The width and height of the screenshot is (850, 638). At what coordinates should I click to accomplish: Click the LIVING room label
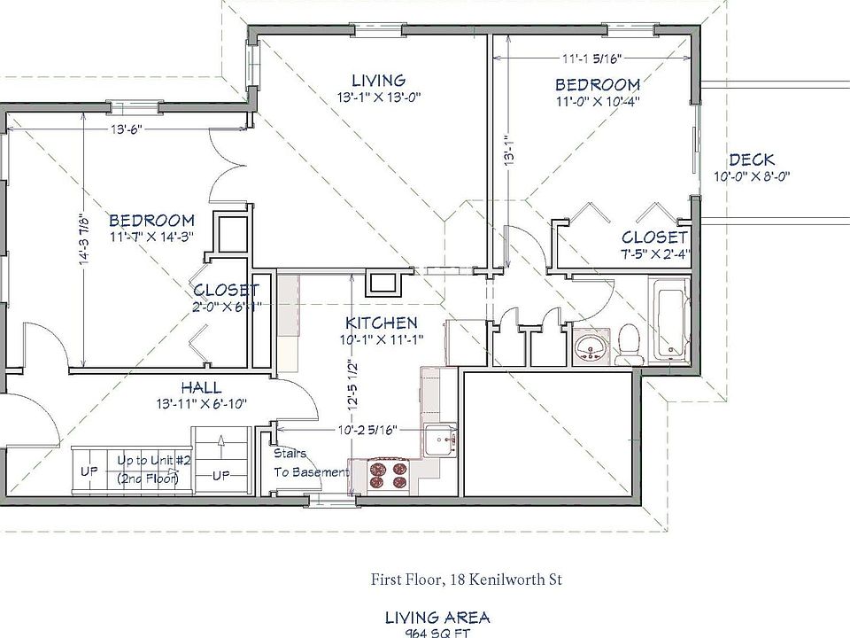pyautogui.click(x=378, y=81)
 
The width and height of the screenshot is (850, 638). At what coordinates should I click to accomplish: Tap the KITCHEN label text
pyautogui.click(x=381, y=323)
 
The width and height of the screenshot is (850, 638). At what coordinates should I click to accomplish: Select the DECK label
pyautogui.click(x=751, y=160)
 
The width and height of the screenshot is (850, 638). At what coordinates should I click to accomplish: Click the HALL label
pyautogui.click(x=201, y=388)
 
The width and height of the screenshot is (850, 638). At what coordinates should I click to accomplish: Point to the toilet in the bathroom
pyautogui.click(x=629, y=344)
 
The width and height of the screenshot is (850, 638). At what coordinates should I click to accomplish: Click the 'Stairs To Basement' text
pyautogui.click(x=309, y=463)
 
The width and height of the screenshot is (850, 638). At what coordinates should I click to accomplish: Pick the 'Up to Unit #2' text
pyautogui.click(x=148, y=462)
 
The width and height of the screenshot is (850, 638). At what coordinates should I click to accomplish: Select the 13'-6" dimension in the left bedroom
pyautogui.click(x=126, y=128)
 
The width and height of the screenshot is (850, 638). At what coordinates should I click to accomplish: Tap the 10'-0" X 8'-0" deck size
pyautogui.click(x=751, y=175)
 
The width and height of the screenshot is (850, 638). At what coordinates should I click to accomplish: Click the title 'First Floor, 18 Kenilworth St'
pyautogui.click(x=466, y=580)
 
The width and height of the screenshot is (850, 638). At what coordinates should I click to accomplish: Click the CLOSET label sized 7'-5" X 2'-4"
pyautogui.click(x=654, y=237)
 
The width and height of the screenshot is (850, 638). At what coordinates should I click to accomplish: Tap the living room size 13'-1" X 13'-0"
pyautogui.click(x=378, y=97)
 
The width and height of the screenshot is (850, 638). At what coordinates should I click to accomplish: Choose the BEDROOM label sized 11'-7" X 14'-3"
pyautogui.click(x=151, y=220)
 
